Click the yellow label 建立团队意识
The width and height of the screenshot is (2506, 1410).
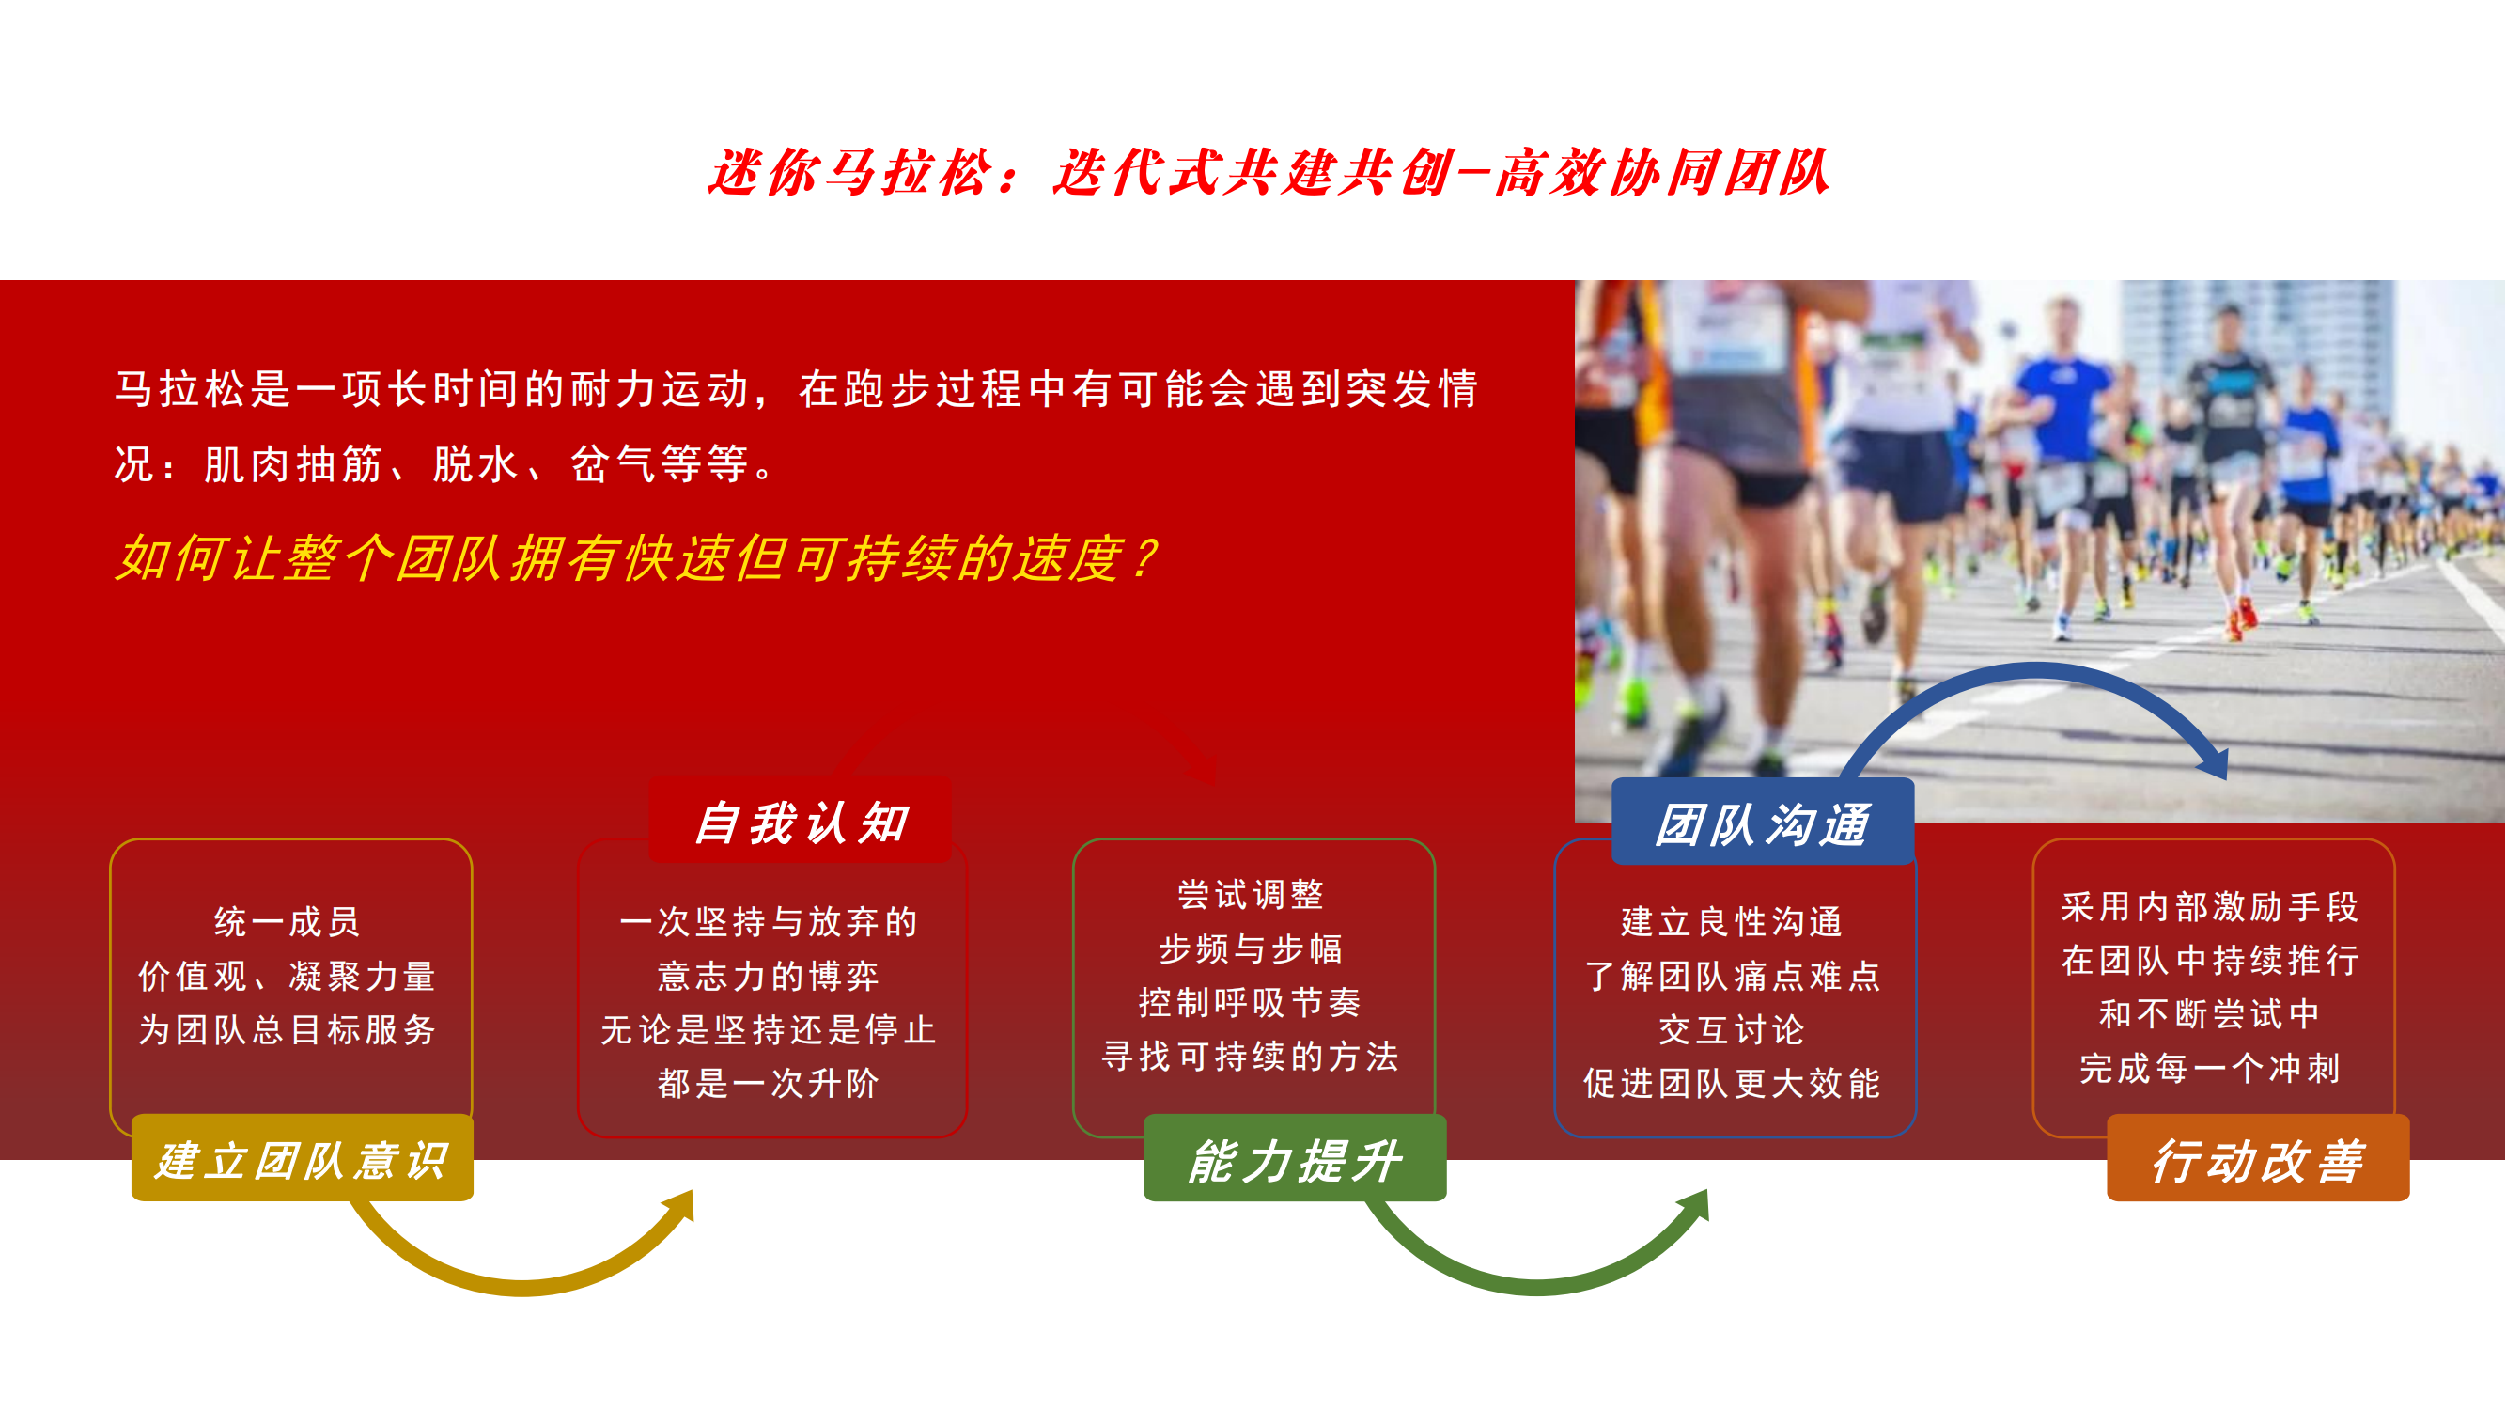(x=303, y=1158)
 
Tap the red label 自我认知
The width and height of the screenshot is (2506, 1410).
(x=801, y=821)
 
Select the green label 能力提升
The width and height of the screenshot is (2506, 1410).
(x=1295, y=1158)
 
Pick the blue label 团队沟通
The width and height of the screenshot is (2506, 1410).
(x=1763, y=822)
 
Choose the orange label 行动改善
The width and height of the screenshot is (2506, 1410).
(x=2258, y=1158)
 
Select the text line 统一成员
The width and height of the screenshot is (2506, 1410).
(x=287, y=920)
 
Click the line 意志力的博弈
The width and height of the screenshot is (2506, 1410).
(x=769, y=975)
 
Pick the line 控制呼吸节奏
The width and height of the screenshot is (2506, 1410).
(x=1250, y=1001)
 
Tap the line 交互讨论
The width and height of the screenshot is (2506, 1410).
(x=1732, y=1028)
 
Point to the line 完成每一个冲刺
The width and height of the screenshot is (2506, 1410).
(x=2209, y=1068)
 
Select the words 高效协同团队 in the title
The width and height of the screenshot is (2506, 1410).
(x=1663, y=172)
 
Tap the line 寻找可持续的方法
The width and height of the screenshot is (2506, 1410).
(x=1250, y=1056)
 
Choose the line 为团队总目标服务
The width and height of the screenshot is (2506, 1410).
(x=287, y=1028)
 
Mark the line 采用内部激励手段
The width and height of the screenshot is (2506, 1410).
(x=2209, y=906)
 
